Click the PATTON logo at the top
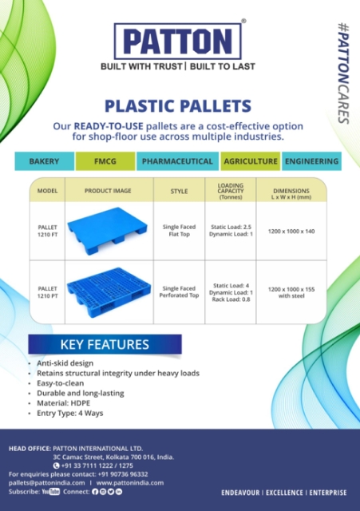(x=177, y=41)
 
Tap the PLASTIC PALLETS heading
(x=178, y=106)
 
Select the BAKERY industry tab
(x=45, y=161)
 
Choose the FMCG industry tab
(x=105, y=161)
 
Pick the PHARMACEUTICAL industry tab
(x=177, y=161)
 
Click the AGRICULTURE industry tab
(x=251, y=161)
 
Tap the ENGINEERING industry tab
(x=312, y=161)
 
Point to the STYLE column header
(x=179, y=192)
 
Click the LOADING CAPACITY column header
(x=231, y=191)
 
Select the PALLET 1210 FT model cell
(x=48, y=231)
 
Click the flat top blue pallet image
(x=107, y=231)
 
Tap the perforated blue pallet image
(x=109, y=292)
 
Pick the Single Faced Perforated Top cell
(x=179, y=292)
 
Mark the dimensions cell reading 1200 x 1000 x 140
(x=291, y=232)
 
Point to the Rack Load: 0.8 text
(x=231, y=299)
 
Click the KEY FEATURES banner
(x=105, y=344)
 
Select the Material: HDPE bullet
(x=63, y=403)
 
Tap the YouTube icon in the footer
(x=51, y=492)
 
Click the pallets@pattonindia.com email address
(x=46, y=483)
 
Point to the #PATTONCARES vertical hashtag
(x=343, y=73)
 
